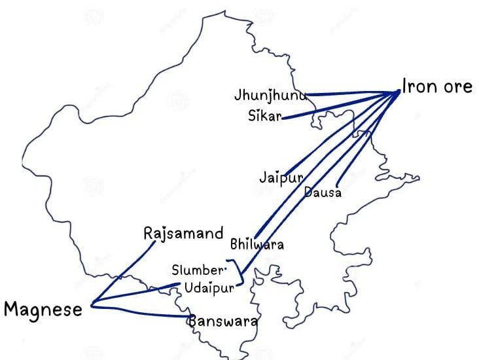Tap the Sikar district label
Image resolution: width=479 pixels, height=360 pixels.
coord(264,117)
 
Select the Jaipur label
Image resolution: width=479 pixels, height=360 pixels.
coord(281,177)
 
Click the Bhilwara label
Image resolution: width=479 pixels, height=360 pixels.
coord(257,244)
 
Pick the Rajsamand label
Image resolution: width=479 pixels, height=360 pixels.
coord(183,233)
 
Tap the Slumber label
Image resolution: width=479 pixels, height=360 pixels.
coord(198,269)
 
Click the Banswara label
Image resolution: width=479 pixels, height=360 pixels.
coord(223,321)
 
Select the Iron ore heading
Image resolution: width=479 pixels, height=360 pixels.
coord(436,86)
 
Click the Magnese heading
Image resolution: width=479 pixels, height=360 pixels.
coord(43,308)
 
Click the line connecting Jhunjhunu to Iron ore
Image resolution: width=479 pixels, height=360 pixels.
coord(353,94)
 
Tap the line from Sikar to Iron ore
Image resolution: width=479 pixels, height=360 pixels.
coord(340,105)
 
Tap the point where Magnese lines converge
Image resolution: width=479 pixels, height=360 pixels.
coord(92,304)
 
